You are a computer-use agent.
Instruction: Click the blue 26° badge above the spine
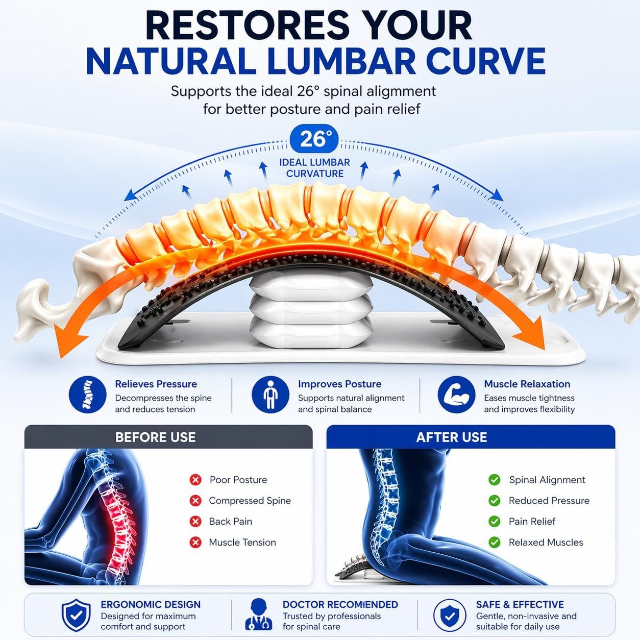click(x=314, y=139)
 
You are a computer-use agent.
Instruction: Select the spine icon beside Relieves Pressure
click(x=88, y=395)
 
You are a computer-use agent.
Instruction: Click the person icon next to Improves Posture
click(x=270, y=395)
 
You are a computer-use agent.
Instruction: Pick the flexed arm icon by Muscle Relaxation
click(x=457, y=395)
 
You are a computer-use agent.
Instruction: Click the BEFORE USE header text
click(x=156, y=437)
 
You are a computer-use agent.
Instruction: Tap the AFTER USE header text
click(x=452, y=437)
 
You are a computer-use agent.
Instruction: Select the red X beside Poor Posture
click(x=195, y=480)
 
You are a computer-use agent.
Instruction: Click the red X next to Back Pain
click(x=195, y=522)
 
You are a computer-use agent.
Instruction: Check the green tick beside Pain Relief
click(x=495, y=522)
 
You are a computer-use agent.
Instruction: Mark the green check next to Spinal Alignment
click(x=495, y=480)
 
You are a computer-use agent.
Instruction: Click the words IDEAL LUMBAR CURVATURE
click(x=314, y=168)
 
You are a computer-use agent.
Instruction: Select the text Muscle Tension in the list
click(x=242, y=543)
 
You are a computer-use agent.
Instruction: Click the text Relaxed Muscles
click(x=546, y=543)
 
